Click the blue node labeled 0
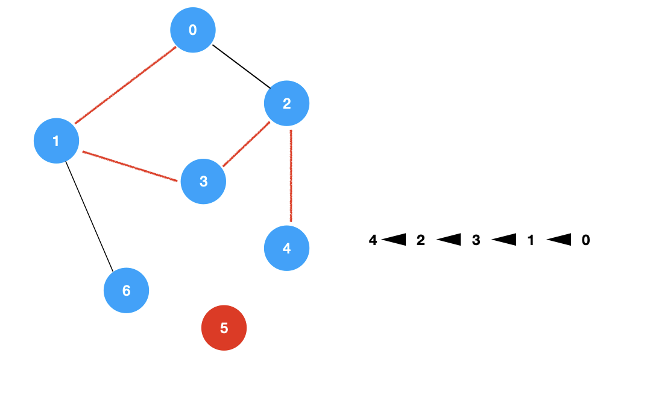pyautogui.click(x=193, y=30)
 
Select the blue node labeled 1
pyautogui.click(x=56, y=141)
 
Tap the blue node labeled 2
pyautogui.click(x=286, y=103)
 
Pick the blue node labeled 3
pyautogui.click(x=203, y=181)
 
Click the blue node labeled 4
pyautogui.click(x=286, y=248)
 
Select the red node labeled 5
pyautogui.click(x=224, y=328)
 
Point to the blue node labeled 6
pyautogui.click(x=126, y=290)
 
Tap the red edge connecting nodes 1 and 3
pyautogui.click(x=131, y=165)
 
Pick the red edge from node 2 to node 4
pyautogui.click(x=291, y=176)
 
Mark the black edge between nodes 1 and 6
pyautogui.click(x=89, y=215)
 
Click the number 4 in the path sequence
pyautogui.click(x=373, y=240)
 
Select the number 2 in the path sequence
pyautogui.click(x=421, y=240)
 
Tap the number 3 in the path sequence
pyautogui.click(x=476, y=240)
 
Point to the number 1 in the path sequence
pyautogui.click(x=531, y=240)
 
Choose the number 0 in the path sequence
pyautogui.click(x=585, y=240)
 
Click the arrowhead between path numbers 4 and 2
pyautogui.click(x=394, y=240)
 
